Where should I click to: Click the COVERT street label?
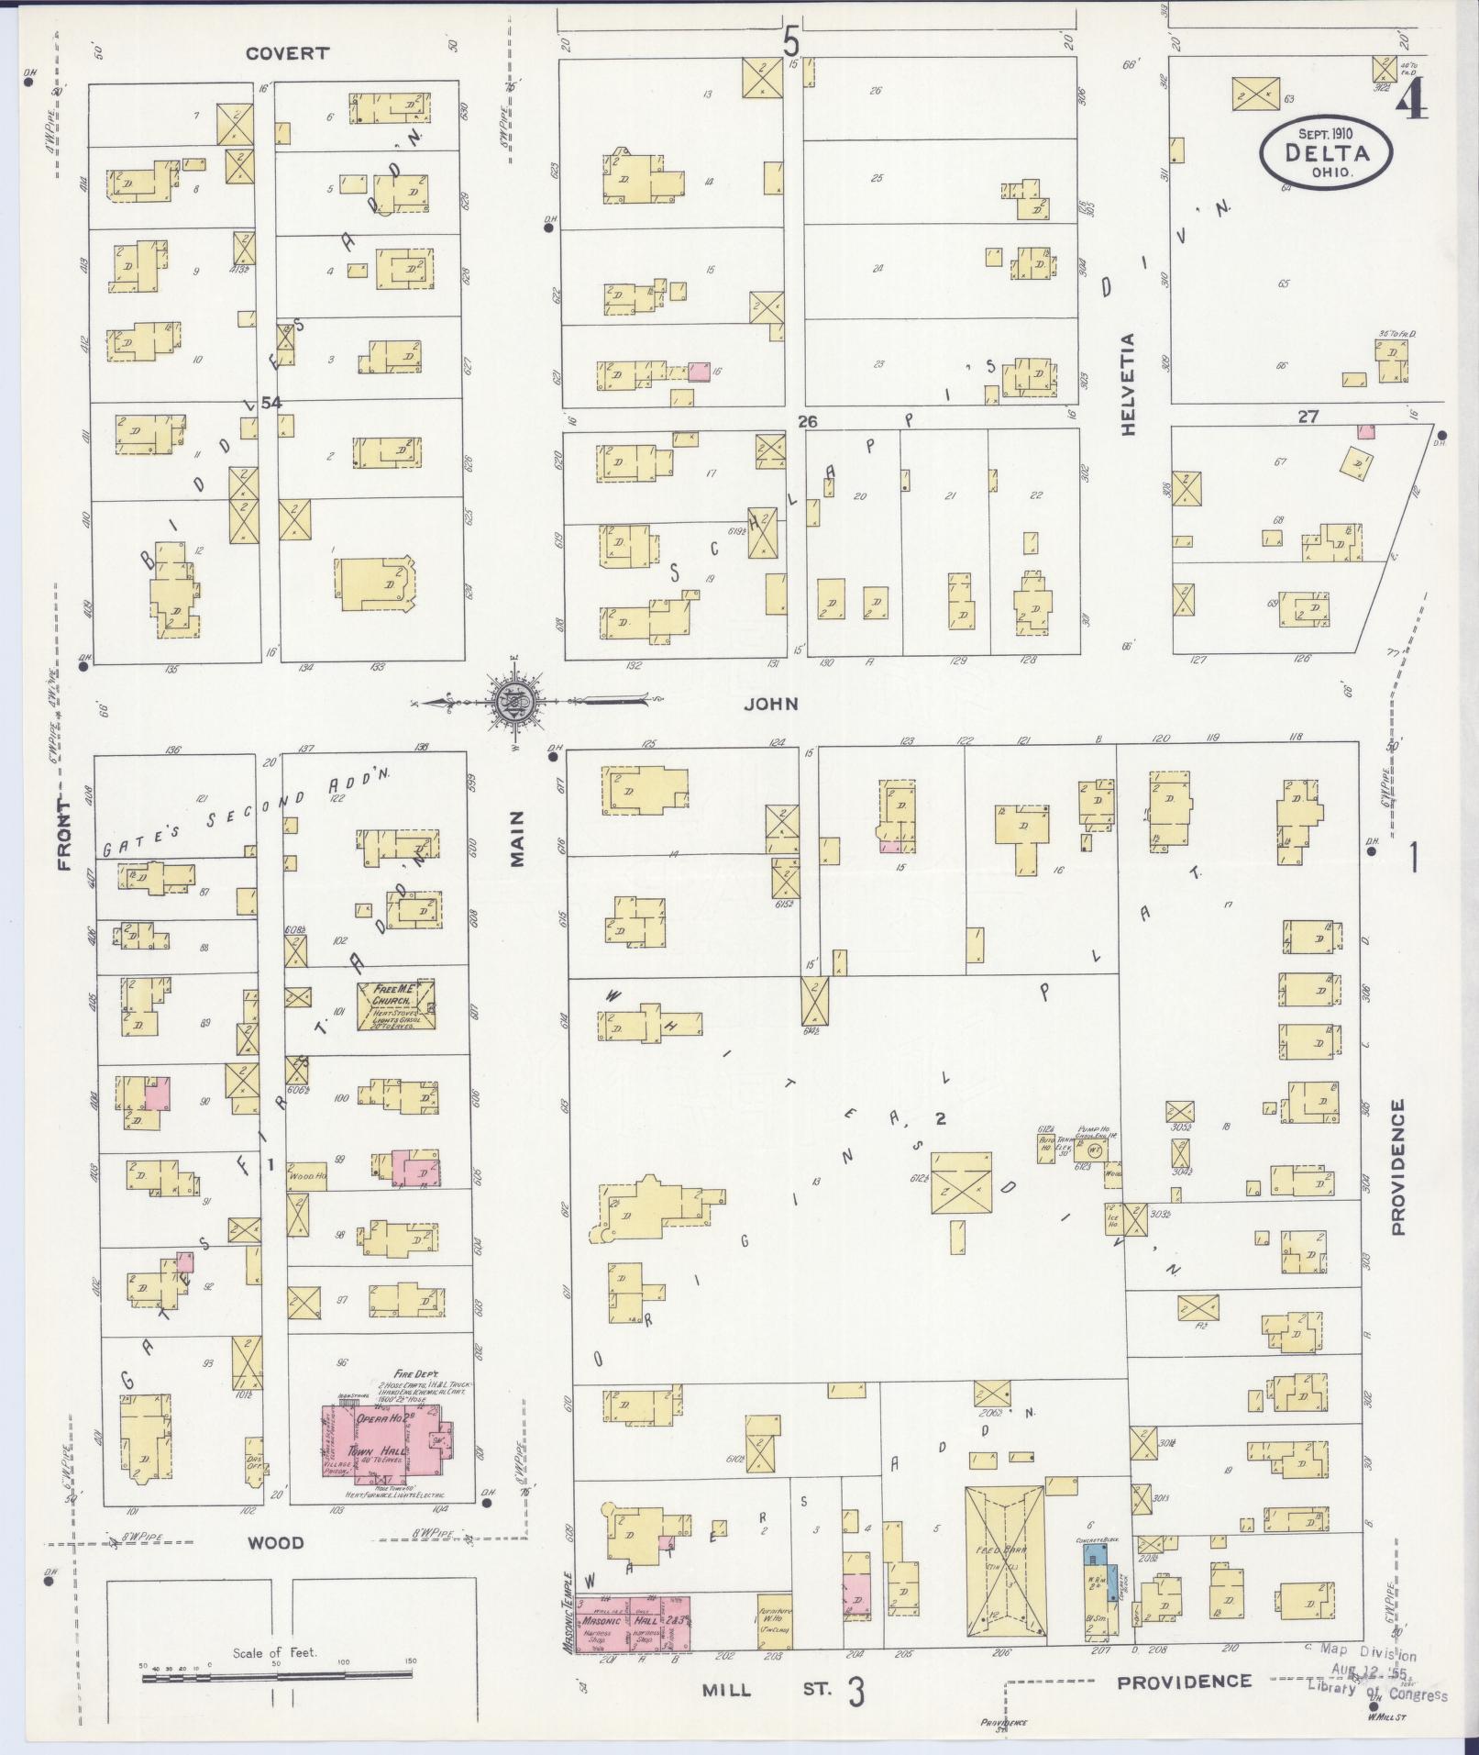pyautogui.click(x=287, y=53)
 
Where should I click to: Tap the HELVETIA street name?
pyautogui.click(x=1127, y=384)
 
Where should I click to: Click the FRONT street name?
pyautogui.click(x=64, y=834)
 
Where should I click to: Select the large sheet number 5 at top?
pyautogui.click(x=790, y=41)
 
